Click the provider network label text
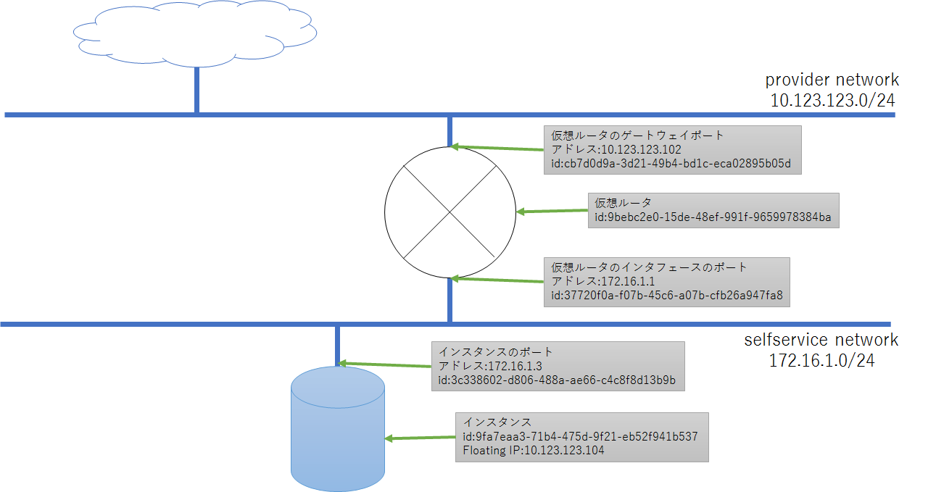coord(832,80)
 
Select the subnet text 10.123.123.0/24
coord(832,100)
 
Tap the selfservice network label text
coord(821,339)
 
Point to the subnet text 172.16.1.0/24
coord(821,359)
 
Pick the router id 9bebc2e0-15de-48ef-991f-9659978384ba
coord(713,217)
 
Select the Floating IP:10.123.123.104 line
coord(533,450)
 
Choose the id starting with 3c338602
coord(557,380)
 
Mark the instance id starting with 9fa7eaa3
coord(580,436)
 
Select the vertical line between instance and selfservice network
coord(337,346)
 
